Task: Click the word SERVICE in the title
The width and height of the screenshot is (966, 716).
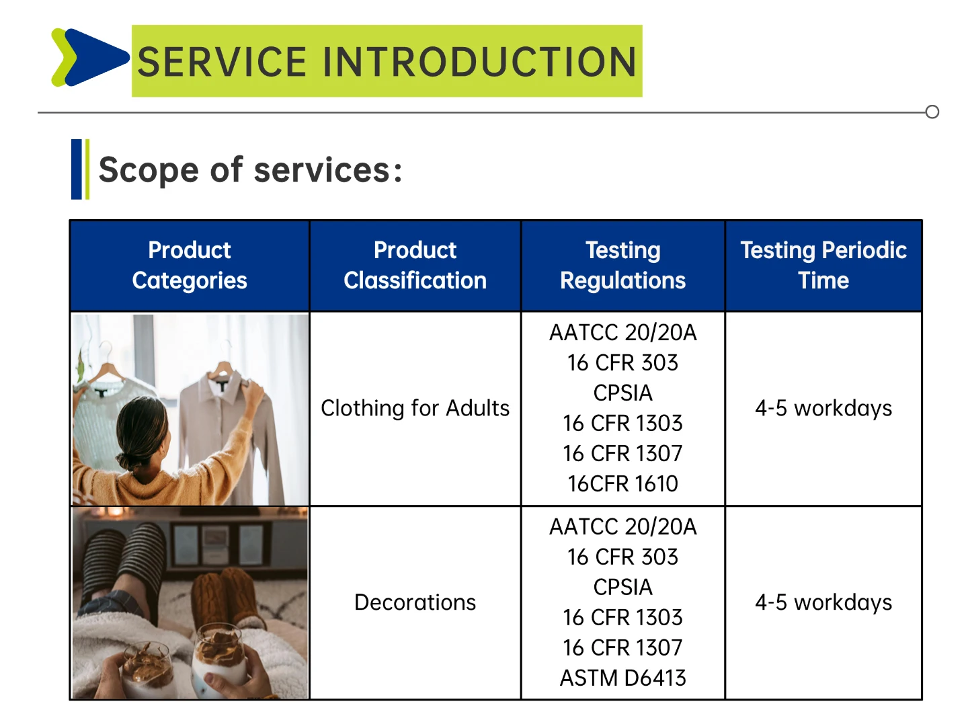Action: [222, 62]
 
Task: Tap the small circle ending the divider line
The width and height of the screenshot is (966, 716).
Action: [932, 112]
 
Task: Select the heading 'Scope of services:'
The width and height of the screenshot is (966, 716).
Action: [251, 170]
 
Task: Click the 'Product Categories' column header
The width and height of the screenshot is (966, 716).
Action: [190, 265]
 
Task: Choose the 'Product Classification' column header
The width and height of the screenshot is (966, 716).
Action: [415, 265]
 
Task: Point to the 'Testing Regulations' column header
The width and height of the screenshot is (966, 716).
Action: [622, 265]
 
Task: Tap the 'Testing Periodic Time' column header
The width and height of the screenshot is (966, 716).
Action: [823, 265]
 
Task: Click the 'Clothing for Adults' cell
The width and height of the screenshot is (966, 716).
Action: [415, 408]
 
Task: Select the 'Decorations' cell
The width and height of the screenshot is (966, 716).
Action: [415, 602]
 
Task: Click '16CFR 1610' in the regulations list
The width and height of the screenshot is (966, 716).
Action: [622, 483]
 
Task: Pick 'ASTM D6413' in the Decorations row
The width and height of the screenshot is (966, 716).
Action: [622, 678]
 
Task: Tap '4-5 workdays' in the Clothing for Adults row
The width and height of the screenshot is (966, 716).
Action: [823, 408]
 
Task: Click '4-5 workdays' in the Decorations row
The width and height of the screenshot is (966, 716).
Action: [823, 602]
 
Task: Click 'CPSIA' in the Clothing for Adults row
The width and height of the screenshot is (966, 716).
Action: [622, 393]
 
